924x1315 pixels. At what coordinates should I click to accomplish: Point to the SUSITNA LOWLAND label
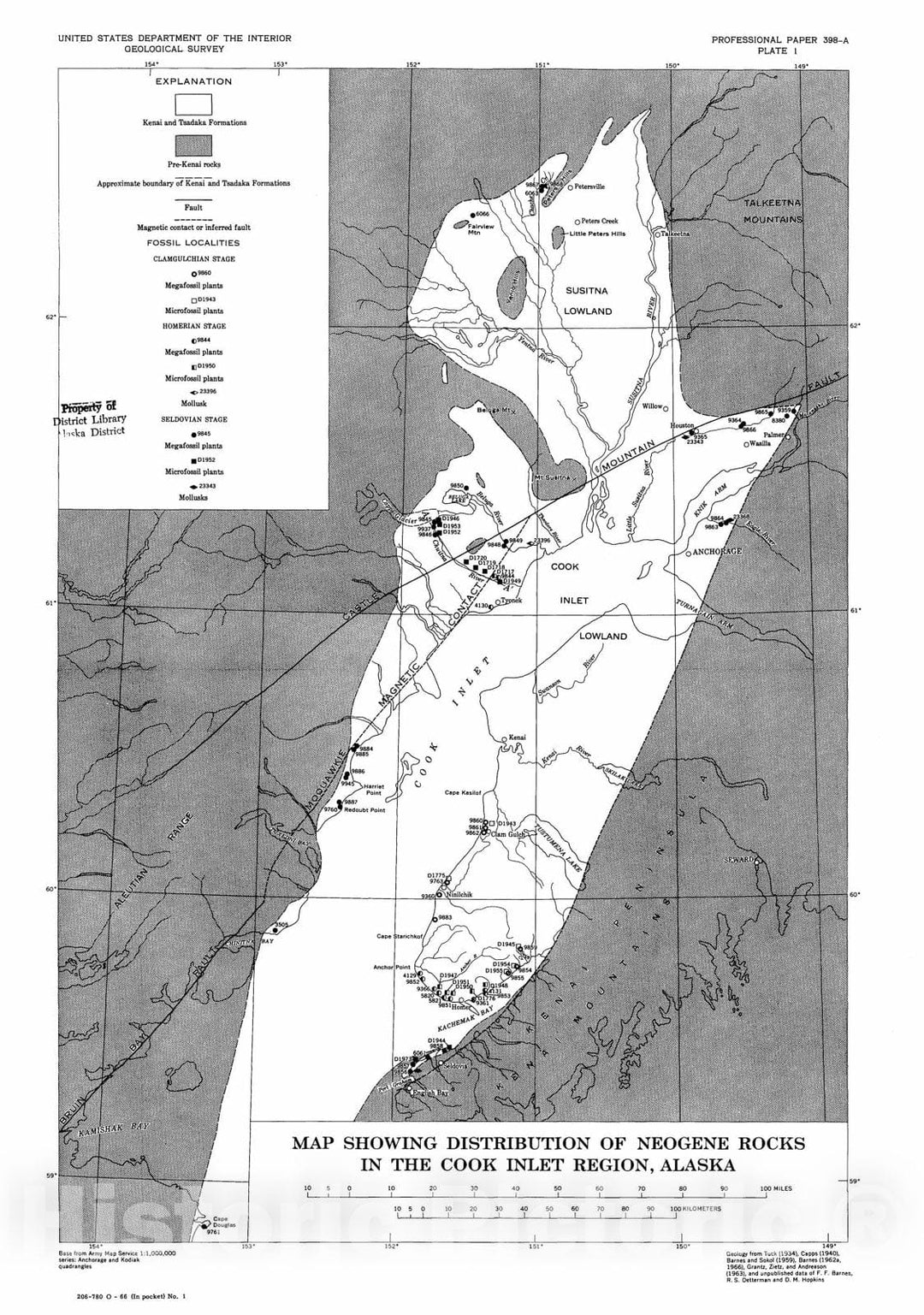589,300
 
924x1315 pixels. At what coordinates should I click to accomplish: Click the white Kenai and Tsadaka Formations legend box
193,104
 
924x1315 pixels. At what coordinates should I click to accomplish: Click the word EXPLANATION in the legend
193,82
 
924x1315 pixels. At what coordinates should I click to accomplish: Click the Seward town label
741,859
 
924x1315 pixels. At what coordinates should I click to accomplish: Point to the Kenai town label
517,737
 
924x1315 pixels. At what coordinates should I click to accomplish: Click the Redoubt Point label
364,809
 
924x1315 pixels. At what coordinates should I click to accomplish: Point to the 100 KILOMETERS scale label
697,1209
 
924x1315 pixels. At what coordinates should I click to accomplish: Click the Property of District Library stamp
91,418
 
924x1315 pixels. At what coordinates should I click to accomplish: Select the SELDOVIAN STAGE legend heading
193,419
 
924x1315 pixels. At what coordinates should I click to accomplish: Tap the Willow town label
653,406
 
